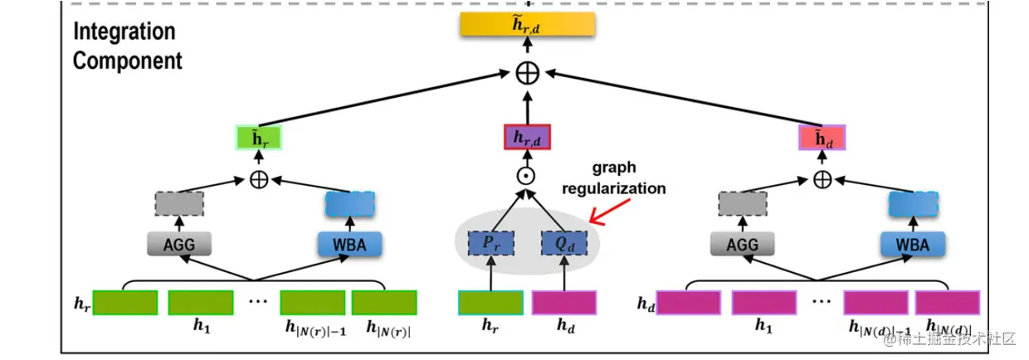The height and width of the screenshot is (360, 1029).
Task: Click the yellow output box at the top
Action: (x=528, y=26)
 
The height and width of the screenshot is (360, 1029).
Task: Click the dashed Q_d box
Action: (x=564, y=243)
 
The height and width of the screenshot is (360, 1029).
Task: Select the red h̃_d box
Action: (x=822, y=138)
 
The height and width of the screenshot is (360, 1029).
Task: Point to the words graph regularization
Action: (x=614, y=178)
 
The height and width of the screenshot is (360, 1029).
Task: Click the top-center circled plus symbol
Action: (x=528, y=73)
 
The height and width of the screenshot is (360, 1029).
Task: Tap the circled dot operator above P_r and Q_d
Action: (x=528, y=177)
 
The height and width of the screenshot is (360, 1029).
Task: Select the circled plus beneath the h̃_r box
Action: (x=259, y=179)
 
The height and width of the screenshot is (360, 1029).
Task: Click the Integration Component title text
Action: (x=126, y=46)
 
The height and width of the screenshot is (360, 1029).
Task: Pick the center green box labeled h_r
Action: (x=490, y=303)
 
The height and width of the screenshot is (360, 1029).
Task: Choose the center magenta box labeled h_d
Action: (x=564, y=303)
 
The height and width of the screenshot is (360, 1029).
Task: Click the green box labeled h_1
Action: (x=201, y=303)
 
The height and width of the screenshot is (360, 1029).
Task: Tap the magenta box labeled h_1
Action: (x=763, y=303)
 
